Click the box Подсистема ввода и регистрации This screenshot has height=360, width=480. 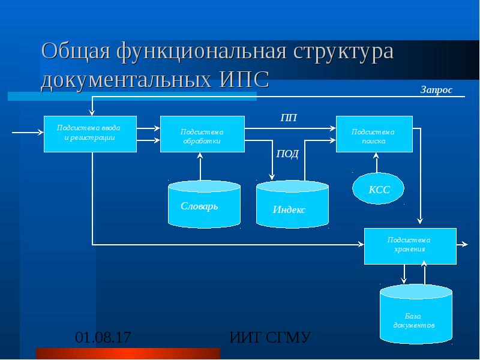90,134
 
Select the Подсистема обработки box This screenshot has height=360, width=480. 202,134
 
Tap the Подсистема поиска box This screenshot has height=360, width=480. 374,134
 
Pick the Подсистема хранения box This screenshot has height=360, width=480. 410,246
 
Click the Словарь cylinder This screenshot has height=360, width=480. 204,205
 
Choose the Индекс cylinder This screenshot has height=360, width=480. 292,205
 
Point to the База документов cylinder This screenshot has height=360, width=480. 416,314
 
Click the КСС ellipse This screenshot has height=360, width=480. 379,188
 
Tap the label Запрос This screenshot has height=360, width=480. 436,89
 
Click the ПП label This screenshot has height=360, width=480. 289,118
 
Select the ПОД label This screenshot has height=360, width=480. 287,154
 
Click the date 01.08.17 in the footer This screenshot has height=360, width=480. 103,337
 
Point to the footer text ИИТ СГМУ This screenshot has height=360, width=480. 270,337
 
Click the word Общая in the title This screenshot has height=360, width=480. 76,52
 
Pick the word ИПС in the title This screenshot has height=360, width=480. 244,79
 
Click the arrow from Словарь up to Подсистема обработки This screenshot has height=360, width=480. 200,167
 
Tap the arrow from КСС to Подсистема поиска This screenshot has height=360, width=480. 377,163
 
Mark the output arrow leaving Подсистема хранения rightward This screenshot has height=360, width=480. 462,244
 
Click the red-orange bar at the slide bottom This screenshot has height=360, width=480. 128,353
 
